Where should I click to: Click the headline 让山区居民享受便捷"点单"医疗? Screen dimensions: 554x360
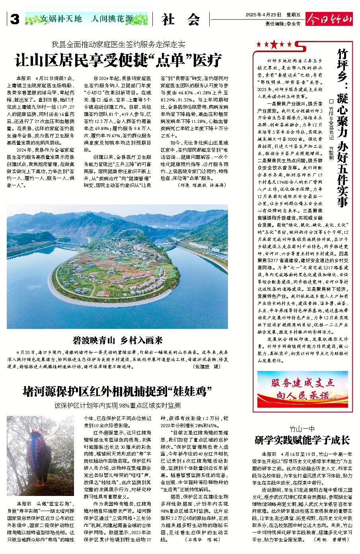(x=118, y=60)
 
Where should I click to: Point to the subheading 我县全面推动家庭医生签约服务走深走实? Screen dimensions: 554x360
(x=118, y=44)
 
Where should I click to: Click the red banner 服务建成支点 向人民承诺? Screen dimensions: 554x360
(x=302, y=389)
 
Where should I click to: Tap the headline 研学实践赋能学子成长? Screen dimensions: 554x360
(x=302, y=440)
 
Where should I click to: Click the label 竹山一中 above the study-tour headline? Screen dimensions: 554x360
(x=302, y=429)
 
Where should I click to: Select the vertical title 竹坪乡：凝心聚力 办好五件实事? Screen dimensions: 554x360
(x=341, y=127)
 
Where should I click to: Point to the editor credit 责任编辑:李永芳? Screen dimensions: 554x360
(x=283, y=23)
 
